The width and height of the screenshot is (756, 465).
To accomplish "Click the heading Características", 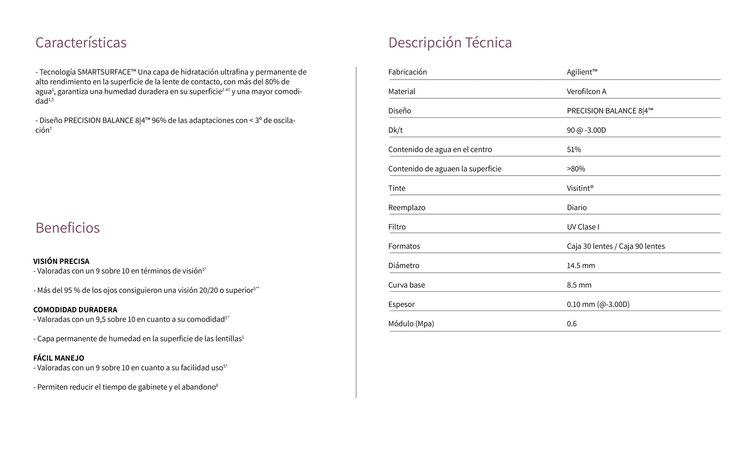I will (x=81, y=42).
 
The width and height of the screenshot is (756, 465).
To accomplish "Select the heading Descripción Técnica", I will (x=450, y=42).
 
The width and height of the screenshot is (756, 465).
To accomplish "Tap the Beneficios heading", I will (x=67, y=228).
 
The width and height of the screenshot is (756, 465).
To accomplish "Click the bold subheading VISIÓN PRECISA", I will (x=61, y=261).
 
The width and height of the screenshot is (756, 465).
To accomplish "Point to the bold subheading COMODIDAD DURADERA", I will (x=75, y=309).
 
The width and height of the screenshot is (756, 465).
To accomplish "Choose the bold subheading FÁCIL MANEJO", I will (x=59, y=358).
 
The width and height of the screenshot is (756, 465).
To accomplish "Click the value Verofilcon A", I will (x=586, y=92).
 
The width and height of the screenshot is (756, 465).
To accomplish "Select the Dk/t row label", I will (x=396, y=130).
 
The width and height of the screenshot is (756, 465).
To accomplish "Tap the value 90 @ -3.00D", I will (x=586, y=130).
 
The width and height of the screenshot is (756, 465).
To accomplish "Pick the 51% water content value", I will (x=574, y=150).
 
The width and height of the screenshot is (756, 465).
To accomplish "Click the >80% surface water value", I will (x=576, y=169).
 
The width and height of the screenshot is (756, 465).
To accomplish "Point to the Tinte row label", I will (x=397, y=189).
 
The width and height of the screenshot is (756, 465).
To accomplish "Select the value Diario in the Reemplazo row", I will (x=577, y=208).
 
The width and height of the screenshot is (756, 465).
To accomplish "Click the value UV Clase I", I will (x=583, y=227).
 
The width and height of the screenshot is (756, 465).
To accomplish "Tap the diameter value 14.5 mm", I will (x=581, y=266).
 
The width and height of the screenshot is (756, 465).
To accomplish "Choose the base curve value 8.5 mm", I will (x=579, y=285).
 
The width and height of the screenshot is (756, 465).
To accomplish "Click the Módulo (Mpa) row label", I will (x=411, y=324).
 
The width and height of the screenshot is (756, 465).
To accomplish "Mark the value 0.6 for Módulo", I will (x=572, y=324).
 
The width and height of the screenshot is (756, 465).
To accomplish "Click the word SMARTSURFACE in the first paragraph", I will (x=106, y=72).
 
